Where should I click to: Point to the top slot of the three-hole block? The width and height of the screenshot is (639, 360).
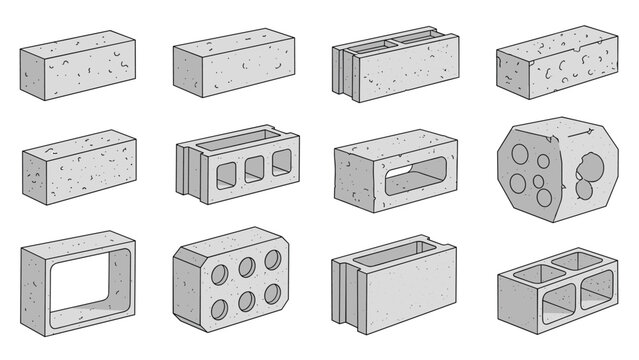(240, 140)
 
